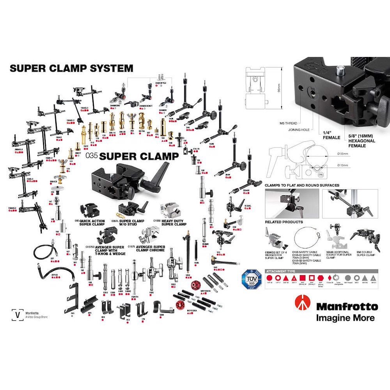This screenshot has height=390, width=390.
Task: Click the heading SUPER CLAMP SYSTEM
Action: coord(71,68)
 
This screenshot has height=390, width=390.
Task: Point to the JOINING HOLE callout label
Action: coord(299,130)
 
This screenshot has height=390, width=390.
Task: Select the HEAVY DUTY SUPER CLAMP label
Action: coord(174,222)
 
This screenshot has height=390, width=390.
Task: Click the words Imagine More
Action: coord(345,318)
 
